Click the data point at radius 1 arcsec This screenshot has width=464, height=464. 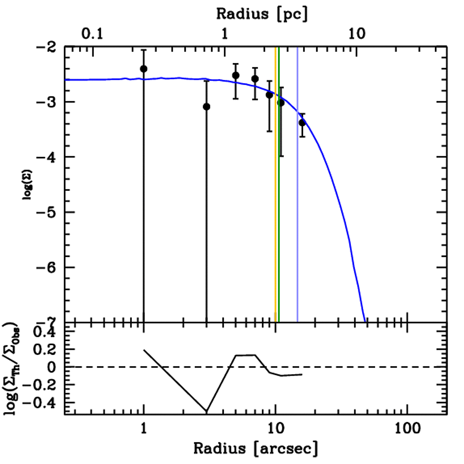pyautogui.click(x=144, y=69)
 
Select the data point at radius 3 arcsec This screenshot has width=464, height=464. pyautogui.click(x=207, y=106)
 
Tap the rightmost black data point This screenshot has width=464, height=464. pyautogui.click(x=302, y=122)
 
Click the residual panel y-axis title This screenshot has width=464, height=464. pyautogui.click(x=13, y=369)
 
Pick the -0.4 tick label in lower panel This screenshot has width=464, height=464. pyautogui.click(x=44, y=402)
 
